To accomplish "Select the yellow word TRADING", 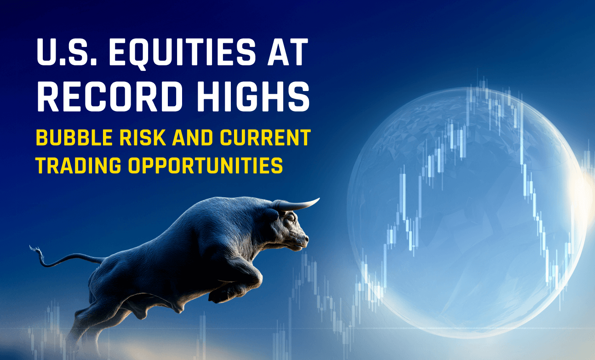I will pyautogui.click(x=76, y=166).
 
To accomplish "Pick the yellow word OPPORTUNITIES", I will pyautogui.click(x=205, y=166).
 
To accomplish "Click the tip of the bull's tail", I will pyautogui.click(x=32, y=248).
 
